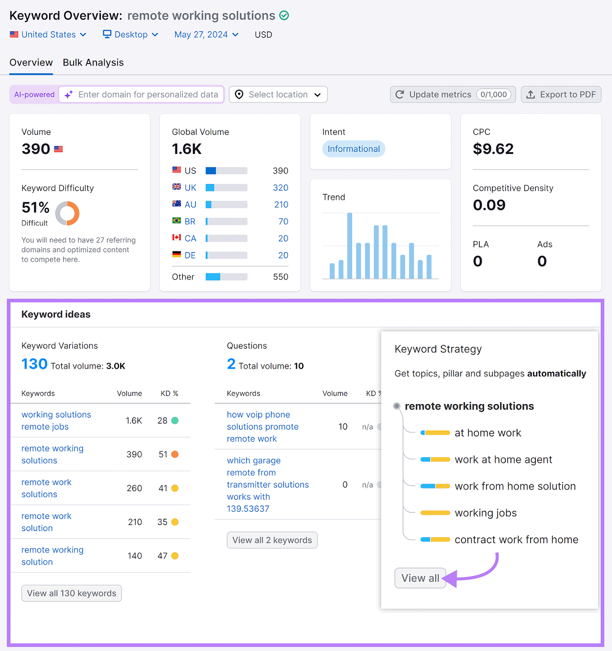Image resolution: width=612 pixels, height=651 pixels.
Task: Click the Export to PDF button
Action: (x=561, y=94)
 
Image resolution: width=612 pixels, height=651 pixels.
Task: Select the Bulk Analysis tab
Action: (x=93, y=63)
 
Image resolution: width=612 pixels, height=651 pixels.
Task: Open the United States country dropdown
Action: (x=48, y=35)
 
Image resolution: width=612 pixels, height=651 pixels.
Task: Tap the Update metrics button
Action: (x=452, y=94)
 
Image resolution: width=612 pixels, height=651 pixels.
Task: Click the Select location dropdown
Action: (x=278, y=94)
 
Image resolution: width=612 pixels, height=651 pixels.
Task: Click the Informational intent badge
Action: (x=353, y=149)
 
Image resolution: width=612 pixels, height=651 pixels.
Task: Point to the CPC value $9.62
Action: (x=493, y=149)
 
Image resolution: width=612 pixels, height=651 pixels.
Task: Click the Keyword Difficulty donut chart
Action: (x=67, y=213)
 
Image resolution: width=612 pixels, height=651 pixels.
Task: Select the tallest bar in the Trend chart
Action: (x=349, y=245)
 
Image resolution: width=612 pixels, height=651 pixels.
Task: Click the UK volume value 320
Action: (x=281, y=188)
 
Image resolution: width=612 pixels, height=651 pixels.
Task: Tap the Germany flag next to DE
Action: (x=176, y=255)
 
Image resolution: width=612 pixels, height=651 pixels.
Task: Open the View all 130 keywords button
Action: (x=71, y=593)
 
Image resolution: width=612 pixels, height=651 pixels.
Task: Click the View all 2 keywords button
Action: (x=272, y=540)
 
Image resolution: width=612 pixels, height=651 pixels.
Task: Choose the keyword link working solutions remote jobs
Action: (x=56, y=420)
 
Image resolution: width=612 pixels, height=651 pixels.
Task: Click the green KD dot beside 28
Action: (x=175, y=420)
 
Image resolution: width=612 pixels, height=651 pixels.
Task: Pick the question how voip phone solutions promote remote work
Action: (x=262, y=426)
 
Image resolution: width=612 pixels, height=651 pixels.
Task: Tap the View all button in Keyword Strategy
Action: (x=420, y=578)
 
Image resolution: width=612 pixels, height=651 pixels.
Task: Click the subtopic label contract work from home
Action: (x=516, y=540)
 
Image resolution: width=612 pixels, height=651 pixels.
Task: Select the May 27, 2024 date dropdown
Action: (x=206, y=35)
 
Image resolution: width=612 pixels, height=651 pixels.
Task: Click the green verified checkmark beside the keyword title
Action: (x=284, y=15)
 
